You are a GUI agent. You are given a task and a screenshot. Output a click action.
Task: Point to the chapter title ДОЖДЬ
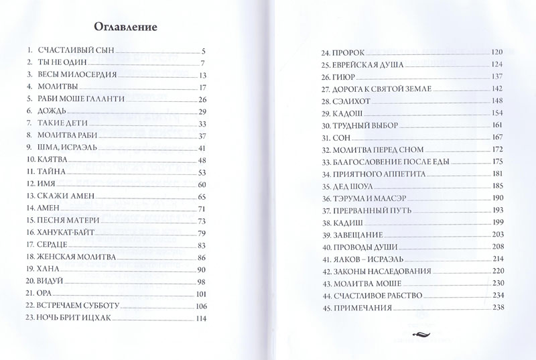(x=52, y=111)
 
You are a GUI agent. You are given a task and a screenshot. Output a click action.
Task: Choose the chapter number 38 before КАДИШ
(x=326, y=223)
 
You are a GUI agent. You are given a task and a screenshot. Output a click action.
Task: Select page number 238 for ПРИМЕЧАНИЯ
(x=496, y=308)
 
